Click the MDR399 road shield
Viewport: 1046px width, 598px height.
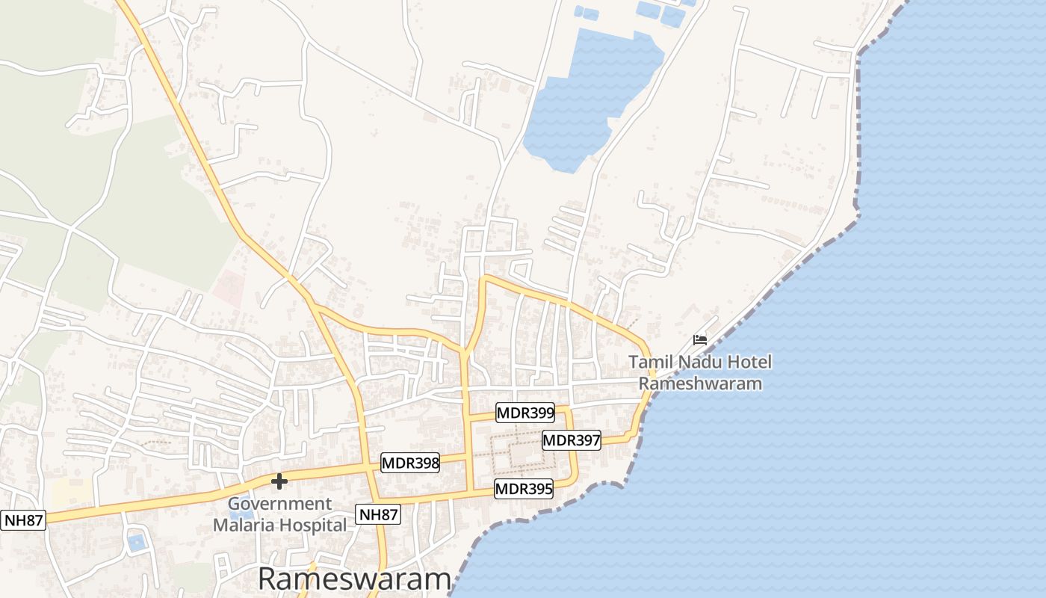tap(525, 413)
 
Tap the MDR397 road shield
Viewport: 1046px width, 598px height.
tap(571, 440)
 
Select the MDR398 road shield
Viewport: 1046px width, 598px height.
tap(410, 463)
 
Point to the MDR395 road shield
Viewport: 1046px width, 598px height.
tap(524, 490)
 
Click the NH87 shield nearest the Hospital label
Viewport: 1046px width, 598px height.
tap(378, 514)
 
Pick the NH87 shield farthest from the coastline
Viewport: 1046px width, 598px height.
tap(24, 520)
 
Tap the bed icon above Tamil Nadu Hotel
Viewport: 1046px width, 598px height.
tap(700, 339)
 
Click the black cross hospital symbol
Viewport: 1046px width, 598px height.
tap(279, 481)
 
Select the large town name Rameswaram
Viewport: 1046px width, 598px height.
tap(355, 579)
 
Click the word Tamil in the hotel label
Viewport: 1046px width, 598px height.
tap(649, 363)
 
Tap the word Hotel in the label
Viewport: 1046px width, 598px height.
tap(750, 363)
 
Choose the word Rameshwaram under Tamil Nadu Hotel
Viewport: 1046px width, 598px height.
tap(700, 384)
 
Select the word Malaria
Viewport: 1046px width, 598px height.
tap(244, 525)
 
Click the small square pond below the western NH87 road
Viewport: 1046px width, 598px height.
tap(136, 541)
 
